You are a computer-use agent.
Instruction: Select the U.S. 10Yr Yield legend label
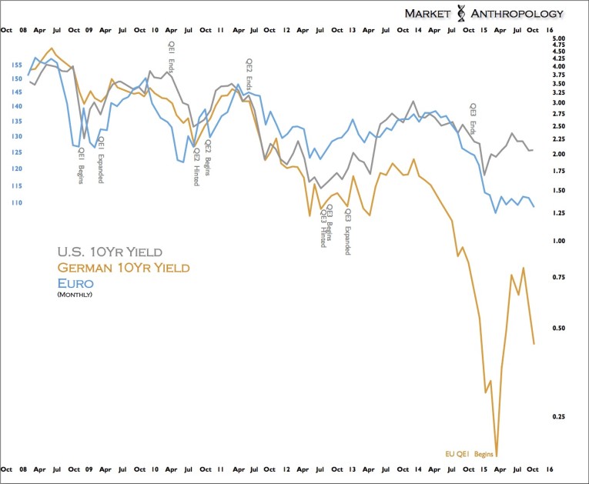[110, 252]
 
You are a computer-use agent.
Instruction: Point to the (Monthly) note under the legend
[75, 294]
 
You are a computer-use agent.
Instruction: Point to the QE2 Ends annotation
[249, 74]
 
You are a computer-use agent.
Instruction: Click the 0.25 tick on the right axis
[560, 416]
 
